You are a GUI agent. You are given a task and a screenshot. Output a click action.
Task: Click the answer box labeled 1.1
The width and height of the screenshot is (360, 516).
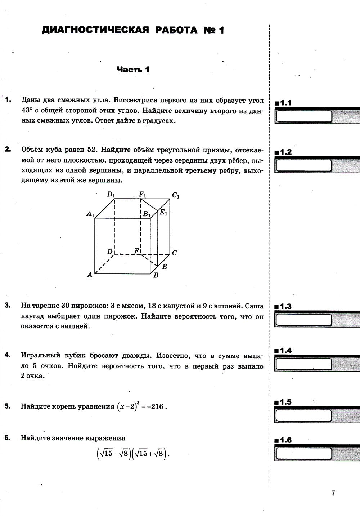(x=303, y=116)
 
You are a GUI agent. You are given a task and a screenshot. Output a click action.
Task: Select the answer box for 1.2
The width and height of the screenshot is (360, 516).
(x=303, y=165)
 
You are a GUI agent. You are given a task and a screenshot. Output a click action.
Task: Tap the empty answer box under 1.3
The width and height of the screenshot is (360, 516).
(x=303, y=320)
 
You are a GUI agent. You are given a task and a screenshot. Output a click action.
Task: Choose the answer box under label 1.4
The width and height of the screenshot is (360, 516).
(x=303, y=364)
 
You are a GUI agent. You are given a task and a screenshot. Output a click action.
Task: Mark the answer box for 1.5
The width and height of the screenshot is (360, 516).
(x=303, y=415)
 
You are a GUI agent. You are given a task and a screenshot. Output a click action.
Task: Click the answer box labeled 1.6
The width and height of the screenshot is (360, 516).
(x=303, y=453)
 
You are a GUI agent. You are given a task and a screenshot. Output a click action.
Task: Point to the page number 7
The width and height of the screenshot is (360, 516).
(x=333, y=493)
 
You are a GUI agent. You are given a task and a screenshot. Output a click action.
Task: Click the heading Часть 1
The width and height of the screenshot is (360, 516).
(x=133, y=70)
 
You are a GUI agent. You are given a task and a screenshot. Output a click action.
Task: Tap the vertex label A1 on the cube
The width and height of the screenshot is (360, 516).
(x=90, y=214)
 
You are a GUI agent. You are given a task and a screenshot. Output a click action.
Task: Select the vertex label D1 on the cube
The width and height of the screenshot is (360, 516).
(x=111, y=195)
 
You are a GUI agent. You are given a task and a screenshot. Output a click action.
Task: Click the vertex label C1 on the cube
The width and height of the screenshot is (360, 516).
(x=175, y=196)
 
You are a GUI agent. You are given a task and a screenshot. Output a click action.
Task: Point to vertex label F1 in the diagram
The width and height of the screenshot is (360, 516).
(x=143, y=195)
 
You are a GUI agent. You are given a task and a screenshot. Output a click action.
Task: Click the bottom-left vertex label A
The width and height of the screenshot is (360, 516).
(x=90, y=275)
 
